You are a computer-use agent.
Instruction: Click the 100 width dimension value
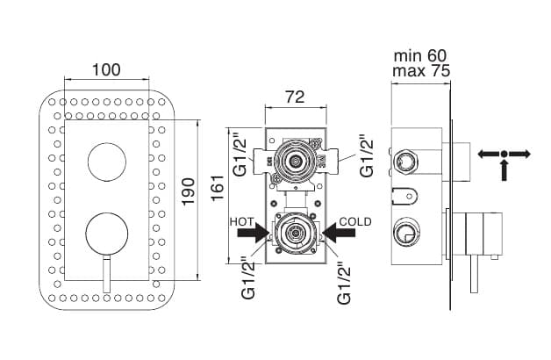105,69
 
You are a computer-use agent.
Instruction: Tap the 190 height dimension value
187,191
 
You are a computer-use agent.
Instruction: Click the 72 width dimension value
295,97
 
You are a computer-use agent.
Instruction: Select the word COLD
355,220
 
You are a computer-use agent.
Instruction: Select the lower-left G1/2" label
248,277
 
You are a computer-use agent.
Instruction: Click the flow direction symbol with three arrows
504,158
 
